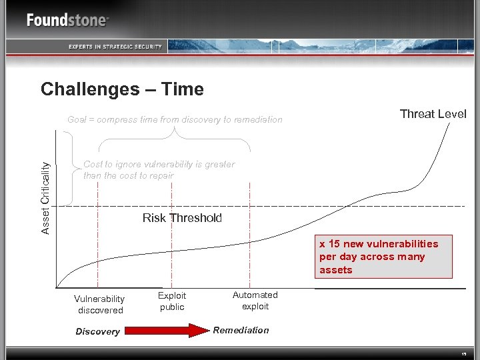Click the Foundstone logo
point(67,20)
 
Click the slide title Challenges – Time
point(122,89)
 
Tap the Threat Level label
point(433,114)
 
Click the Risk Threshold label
point(182,218)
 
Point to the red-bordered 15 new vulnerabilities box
point(385,257)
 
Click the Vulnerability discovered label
point(99,305)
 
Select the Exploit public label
point(172,301)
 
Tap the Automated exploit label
point(255,301)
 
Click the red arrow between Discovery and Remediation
point(167,331)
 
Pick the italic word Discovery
point(97,331)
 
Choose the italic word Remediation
point(241,330)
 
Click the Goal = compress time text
point(175,120)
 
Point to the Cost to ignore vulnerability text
point(159,170)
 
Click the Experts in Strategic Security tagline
point(115,46)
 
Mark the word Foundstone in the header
point(66,20)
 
